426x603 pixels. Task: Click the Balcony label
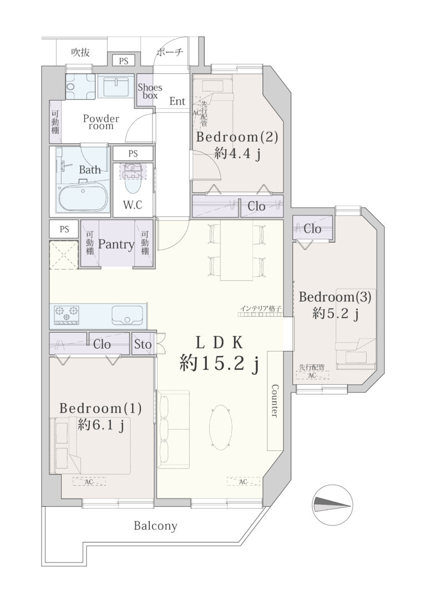click(155, 526)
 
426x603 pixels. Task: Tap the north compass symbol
click(333, 504)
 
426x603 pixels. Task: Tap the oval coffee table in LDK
click(221, 426)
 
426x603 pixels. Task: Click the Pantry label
click(116, 244)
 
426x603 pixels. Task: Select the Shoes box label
click(150, 91)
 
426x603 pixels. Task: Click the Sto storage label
click(143, 344)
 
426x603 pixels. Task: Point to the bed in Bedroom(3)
click(356, 329)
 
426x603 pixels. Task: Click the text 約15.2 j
click(218, 363)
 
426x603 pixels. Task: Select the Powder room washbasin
click(115, 87)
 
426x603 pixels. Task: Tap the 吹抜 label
click(80, 53)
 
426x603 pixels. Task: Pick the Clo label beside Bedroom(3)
click(312, 229)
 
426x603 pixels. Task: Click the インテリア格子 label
click(261, 308)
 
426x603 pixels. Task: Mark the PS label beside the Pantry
click(64, 229)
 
